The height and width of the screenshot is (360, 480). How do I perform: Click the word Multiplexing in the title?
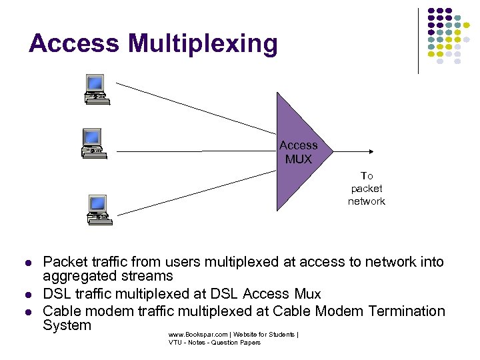[x=203, y=45]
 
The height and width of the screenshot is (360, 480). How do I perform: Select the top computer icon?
[x=97, y=89]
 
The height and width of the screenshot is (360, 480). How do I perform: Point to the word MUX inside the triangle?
[x=298, y=160]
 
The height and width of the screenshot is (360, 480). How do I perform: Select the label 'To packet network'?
[x=367, y=189]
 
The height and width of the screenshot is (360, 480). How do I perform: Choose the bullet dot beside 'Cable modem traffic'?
[x=28, y=312]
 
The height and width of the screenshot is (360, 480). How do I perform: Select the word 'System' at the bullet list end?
[x=67, y=325]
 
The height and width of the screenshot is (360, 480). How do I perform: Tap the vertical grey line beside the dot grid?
[x=419, y=40]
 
